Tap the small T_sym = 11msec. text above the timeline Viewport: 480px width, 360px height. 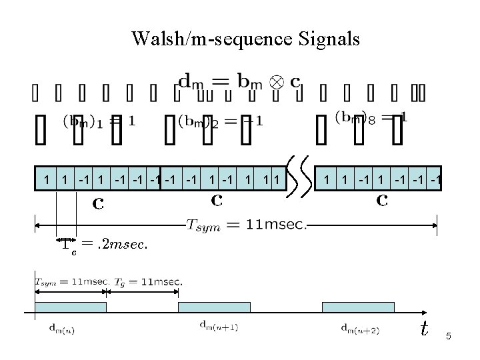click(71, 281)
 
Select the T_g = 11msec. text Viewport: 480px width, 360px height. click(147, 281)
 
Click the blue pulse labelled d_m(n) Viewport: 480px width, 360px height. click(71, 307)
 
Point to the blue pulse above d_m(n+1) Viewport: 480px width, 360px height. click(214, 307)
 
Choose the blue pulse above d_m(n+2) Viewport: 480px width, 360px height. click(358, 307)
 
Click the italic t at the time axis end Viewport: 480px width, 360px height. click(423, 328)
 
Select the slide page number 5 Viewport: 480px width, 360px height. click(449, 337)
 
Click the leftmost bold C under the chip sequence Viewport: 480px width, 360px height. click(98, 203)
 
